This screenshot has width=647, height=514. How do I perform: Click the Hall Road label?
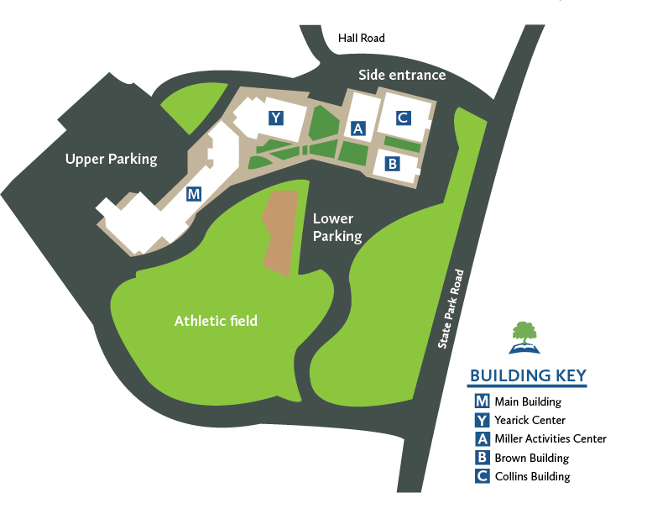(x=361, y=38)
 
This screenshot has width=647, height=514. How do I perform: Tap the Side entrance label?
(x=402, y=75)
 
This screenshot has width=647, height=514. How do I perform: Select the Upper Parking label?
(x=111, y=159)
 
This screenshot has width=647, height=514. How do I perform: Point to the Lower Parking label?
(x=337, y=227)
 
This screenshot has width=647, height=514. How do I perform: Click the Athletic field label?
(x=216, y=320)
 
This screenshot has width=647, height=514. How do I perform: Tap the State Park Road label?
(x=450, y=309)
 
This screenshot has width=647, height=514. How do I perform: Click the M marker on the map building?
(x=194, y=195)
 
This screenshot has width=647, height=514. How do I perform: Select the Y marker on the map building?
(x=275, y=118)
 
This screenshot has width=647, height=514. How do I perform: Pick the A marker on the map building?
(x=357, y=128)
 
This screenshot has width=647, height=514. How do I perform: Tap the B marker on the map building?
(x=391, y=164)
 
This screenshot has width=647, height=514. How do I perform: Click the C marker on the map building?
(x=403, y=118)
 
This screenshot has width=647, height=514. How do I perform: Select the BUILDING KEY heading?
(x=528, y=375)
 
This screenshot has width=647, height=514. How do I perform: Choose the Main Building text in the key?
(x=530, y=401)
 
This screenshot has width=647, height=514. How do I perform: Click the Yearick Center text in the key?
(x=530, y=420)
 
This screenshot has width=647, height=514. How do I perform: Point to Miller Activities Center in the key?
(x=550, y=438)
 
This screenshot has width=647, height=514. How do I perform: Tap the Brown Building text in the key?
(x=532, y=458)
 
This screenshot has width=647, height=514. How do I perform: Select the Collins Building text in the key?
(x=533, y=476)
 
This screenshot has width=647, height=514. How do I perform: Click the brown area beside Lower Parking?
(x=281, y=230)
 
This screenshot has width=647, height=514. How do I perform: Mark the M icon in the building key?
(x=482, y=401)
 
